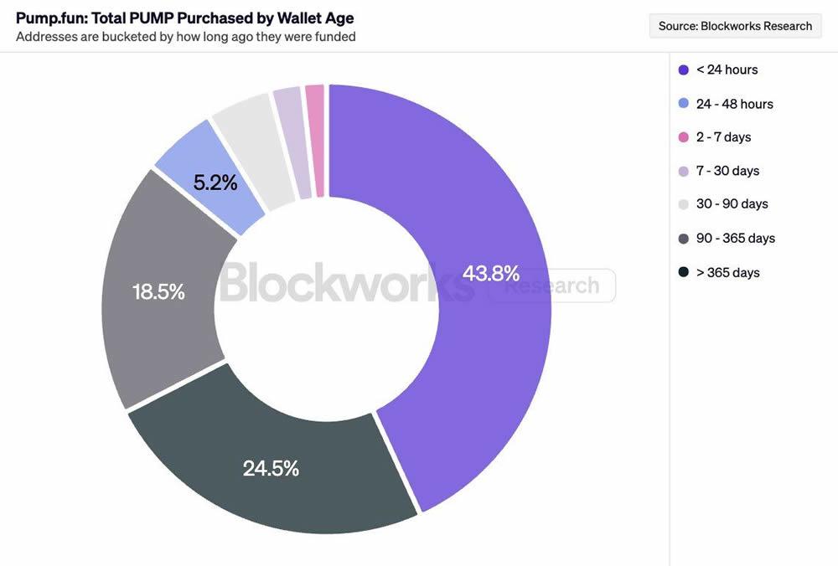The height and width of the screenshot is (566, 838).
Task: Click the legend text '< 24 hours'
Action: pyautogui.click(x=727, y=69)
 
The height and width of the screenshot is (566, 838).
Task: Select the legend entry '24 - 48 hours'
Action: pyautogui.click(x=734, y=104)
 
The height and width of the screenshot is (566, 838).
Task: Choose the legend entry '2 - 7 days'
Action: pyautogui.click(x=723, y=136)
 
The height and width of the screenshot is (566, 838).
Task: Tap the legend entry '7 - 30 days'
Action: pyautogui.click(x=727, y=171)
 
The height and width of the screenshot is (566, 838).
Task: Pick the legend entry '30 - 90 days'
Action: pyautogui.click(x=732, y=203)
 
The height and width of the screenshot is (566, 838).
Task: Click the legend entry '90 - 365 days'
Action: pyautogui.click(x=735, y=238)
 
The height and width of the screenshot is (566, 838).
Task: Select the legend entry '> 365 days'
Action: pyautogui.click(x=727, y=272)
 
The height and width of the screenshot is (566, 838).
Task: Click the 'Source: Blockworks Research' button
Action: pyautogui.click(x=735, y=26)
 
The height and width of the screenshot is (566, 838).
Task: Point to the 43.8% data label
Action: pyautogui.click(x=491, y=273)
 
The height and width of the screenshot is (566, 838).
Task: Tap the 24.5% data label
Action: pyautogui.click(x=271, y=468)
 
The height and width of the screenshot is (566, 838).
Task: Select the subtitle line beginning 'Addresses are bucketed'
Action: pyautogui.click(x=186, y=36)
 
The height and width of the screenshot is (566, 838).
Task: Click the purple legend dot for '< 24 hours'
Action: pyautogui.click(x=683, y=69)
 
